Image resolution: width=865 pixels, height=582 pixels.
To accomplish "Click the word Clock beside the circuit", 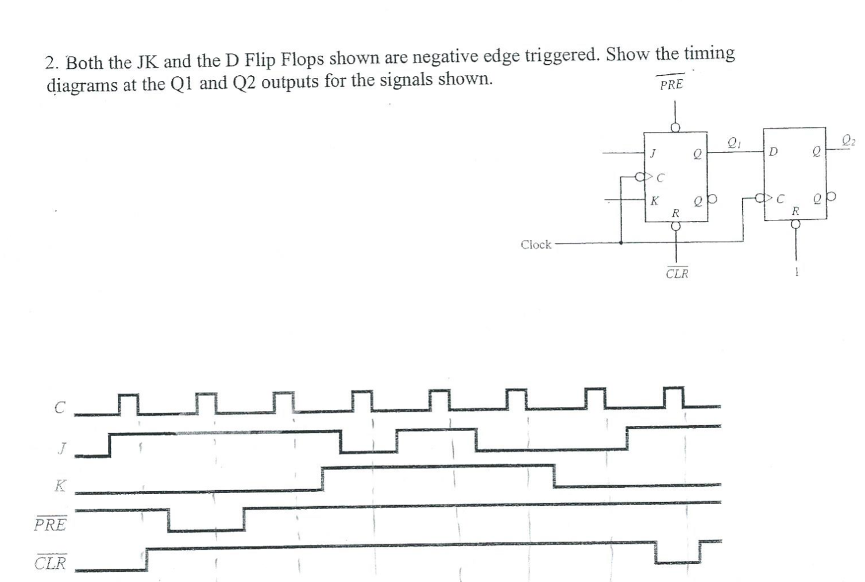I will [535, 245].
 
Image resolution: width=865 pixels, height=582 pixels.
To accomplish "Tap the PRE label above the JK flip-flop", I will [671, 84].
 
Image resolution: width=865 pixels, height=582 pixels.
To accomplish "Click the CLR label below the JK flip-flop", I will [677, 273].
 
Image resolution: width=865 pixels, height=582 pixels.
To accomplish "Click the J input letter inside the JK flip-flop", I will [653, 153].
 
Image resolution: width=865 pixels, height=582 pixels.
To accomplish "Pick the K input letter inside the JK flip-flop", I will [654, 201].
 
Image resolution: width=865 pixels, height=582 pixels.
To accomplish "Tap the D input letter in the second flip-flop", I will [773, 152].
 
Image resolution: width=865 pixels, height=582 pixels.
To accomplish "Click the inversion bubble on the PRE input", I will [676, 127].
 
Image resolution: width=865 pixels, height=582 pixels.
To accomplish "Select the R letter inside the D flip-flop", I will [795, 211].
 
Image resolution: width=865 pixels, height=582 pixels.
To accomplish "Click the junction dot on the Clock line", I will [621, 242].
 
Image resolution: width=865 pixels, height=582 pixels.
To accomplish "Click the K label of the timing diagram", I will [60, 486].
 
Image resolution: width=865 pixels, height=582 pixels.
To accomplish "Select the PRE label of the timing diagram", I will [51, 525].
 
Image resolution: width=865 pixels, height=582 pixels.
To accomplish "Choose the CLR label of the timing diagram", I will [51, 563].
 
